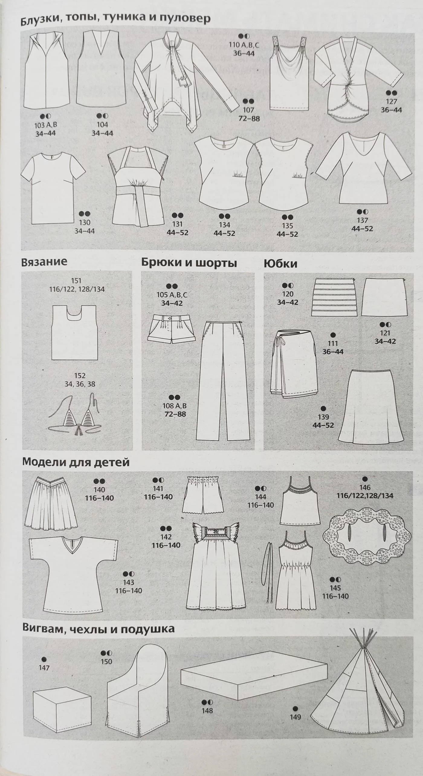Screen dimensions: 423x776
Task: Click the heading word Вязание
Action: coord(44,262)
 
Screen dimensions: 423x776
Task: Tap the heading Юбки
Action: coord(280,264)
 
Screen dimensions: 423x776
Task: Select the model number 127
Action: coord(391,101)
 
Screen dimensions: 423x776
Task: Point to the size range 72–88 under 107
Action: coord(249,118)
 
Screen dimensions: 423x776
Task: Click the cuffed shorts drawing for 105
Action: coord(171,329)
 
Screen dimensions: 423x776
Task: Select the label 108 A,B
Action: coord(175,406)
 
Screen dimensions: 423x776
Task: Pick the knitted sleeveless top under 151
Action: coord(74,332)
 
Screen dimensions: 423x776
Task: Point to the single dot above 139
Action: coord(323,408)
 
